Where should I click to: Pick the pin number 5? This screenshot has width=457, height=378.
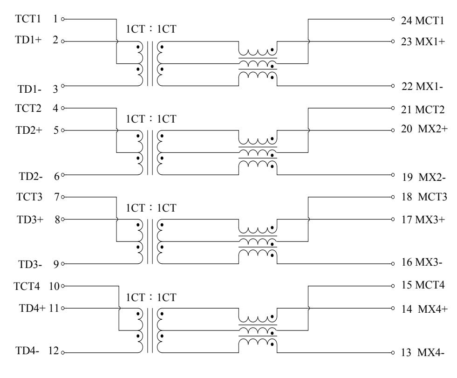click(56, 131)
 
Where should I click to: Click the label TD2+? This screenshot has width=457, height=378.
click(26, 131)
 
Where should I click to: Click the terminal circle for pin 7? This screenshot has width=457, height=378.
click(63, 197)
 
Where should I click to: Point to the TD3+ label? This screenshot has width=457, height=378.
click(26, 219)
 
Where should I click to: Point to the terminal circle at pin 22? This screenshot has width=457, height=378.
click(394, 86)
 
